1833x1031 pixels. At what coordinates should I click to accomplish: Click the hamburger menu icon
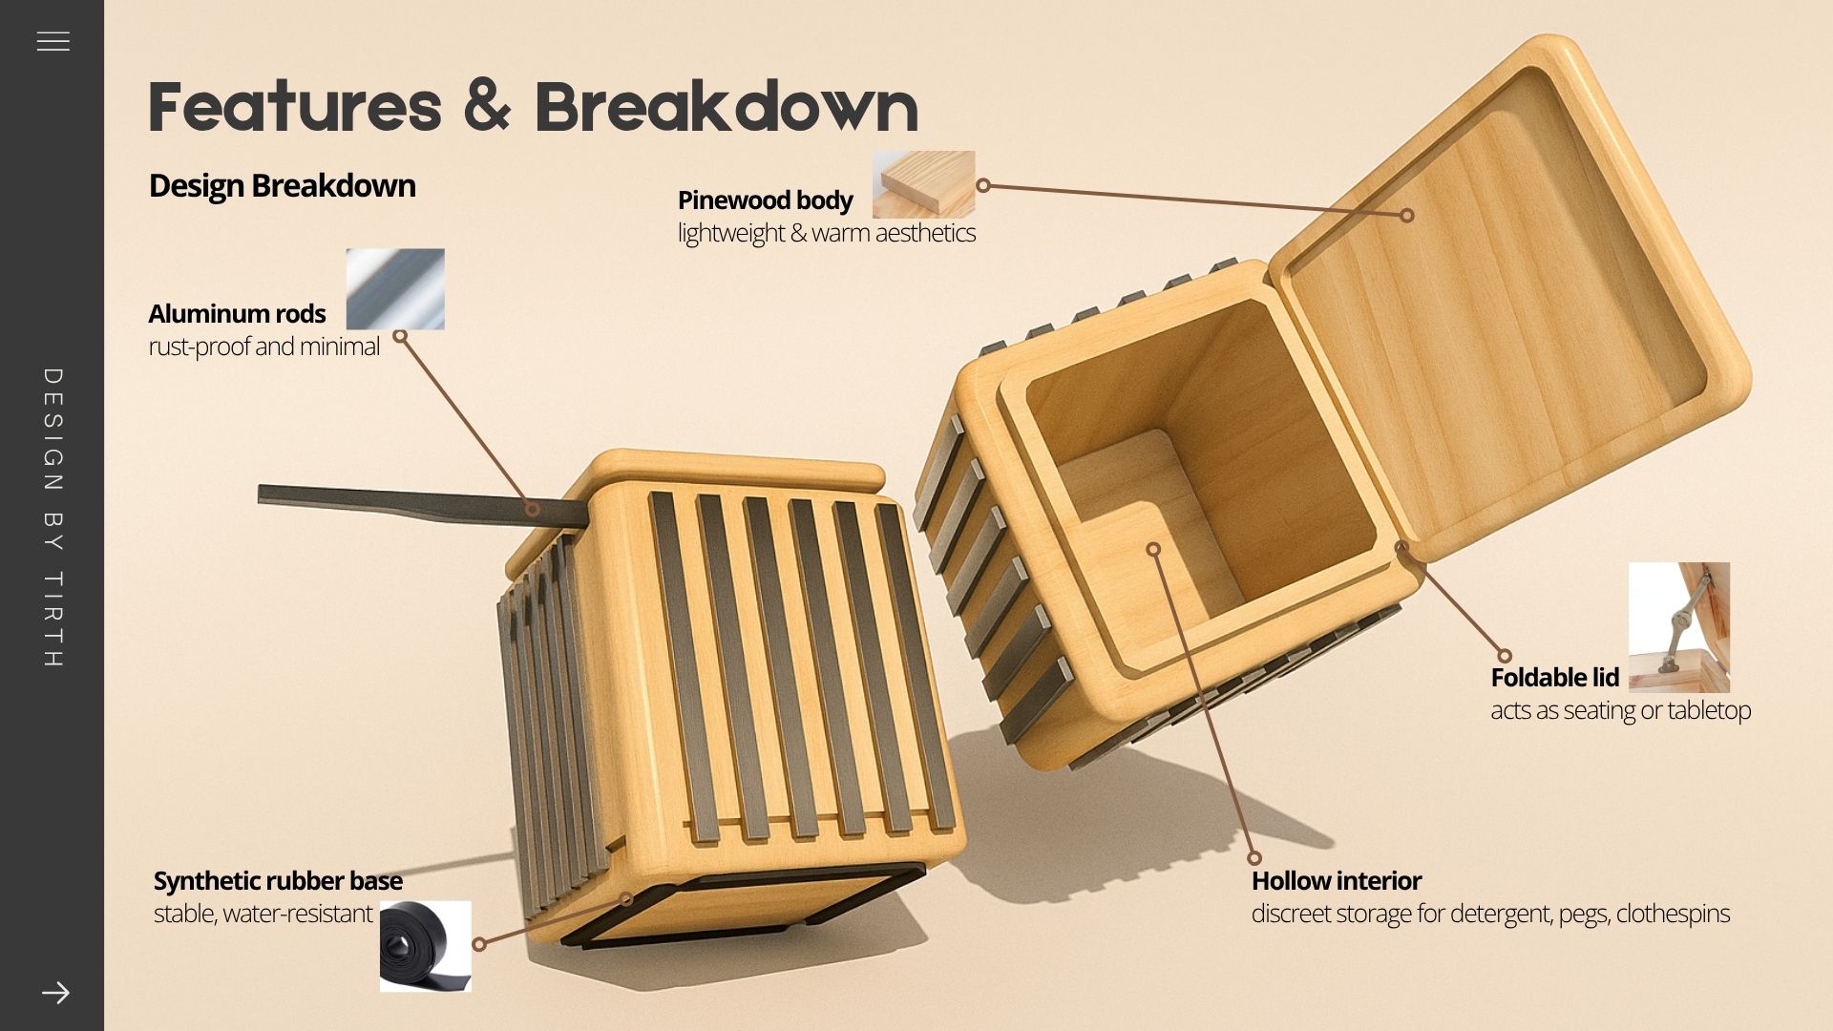(53, 41)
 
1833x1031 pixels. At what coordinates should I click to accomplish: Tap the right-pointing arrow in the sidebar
(55, 993)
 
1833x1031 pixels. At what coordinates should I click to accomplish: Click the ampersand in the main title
(488, 107)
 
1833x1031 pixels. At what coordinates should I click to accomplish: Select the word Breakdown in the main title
(726, 107)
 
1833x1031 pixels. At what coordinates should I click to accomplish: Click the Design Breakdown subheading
(282, 185)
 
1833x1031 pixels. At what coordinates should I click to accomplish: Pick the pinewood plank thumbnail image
(923, 184)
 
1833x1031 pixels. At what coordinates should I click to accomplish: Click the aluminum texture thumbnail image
(395, 289)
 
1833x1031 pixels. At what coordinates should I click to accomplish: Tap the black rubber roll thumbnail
(426, 946)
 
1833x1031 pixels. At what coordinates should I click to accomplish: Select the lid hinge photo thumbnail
(1678, 627)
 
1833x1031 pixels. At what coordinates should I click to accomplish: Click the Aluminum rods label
(237, 313)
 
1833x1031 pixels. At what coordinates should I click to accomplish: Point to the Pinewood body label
(765, 200)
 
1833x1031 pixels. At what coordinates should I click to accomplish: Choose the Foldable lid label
(1554, 678)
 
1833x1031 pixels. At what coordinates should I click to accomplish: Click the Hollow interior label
(1336, 880)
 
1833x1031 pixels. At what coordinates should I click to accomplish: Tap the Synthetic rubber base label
(278, 880)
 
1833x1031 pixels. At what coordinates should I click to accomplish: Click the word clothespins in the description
(1673, 914)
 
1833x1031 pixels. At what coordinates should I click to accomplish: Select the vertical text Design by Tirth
(53, 517)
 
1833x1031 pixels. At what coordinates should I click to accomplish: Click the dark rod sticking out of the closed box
(382, 501)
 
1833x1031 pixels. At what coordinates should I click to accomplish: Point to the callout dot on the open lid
(1406, 216)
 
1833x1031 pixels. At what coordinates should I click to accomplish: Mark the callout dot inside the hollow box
(1153, 549)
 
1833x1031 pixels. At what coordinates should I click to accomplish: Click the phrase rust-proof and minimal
(263, 346)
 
